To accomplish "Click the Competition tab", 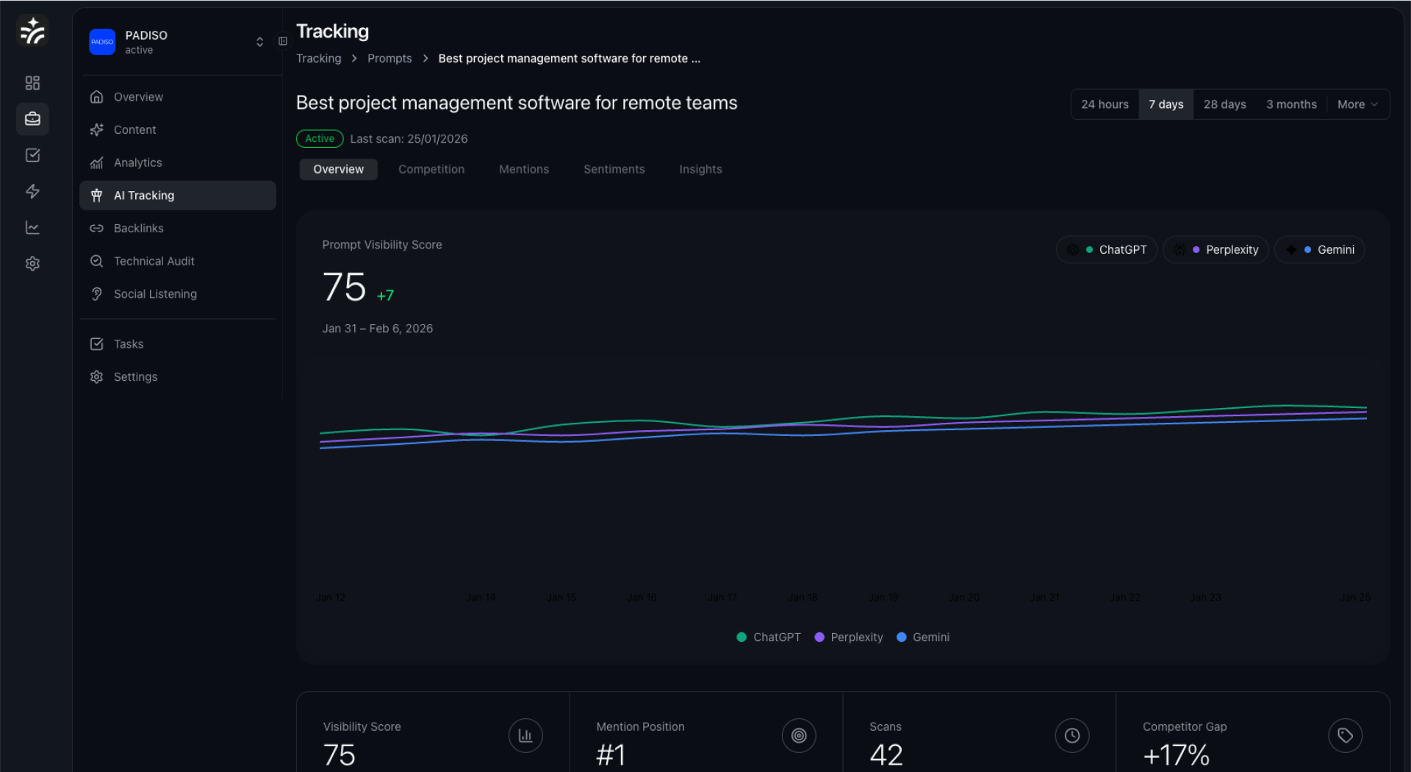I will click(x=431, y=169).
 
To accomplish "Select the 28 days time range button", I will click(x=1224, y=104).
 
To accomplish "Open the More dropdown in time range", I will click(x=1357, y=104).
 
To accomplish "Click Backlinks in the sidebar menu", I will click(x=138, y=228).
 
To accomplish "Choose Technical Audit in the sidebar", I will click(x=154, y=261).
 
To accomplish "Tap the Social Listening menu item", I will click(x=154, y=294).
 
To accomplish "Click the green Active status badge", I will click(x=320, y=139).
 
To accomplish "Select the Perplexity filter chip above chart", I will click(x=1216, y=250).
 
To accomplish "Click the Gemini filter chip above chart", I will click(x=1320, y=250).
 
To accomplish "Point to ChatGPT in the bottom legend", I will click(x=769, y=637).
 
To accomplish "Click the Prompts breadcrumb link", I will click(x=389, y=58).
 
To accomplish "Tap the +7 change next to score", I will click(x=386, y=296).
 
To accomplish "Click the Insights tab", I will click(x=700, y=169).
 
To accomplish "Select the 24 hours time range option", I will click(x=1105, y=104).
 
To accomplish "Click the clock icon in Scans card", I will click(x=1072, y=735).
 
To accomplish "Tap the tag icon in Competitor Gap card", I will click(x=1345, y=735).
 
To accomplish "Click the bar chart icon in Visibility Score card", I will click(x=525, y=735).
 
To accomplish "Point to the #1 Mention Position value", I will click(x=611, y=755).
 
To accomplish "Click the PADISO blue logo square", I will click(x=102, y=42).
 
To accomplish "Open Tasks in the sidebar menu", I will click(x=128, y=344).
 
